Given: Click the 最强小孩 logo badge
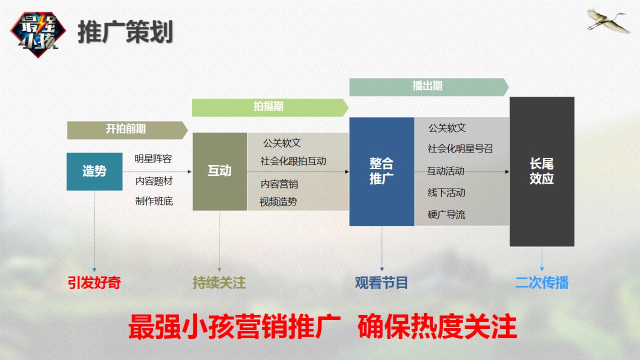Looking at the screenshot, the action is click(38, 34).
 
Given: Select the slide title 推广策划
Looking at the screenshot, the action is click(125, 31).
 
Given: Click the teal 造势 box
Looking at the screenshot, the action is click(94, 171).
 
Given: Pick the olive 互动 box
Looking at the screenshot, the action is click(219, 171).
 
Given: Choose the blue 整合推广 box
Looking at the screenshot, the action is click(381, 171).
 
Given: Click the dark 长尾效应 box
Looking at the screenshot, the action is click(542, 171).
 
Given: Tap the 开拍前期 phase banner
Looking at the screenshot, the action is click(127, 130).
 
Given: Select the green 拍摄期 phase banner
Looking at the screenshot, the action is click(270, 107).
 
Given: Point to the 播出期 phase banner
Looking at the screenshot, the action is click(429, 87).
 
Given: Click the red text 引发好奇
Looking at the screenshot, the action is click(94, 283).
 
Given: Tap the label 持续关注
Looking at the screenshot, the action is click(219, 283).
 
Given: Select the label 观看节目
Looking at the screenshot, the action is click(381, 283).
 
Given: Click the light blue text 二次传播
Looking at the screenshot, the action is click(542, 283).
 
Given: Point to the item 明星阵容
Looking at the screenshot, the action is click(153, 159).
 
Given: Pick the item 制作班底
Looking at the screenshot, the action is click(154, 201).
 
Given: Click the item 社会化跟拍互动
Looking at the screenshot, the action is click(293, 161).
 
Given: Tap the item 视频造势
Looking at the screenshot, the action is click(278, 202).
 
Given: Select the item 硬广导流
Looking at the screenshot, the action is click(446, 214).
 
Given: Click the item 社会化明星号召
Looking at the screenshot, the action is click(460, 148).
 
